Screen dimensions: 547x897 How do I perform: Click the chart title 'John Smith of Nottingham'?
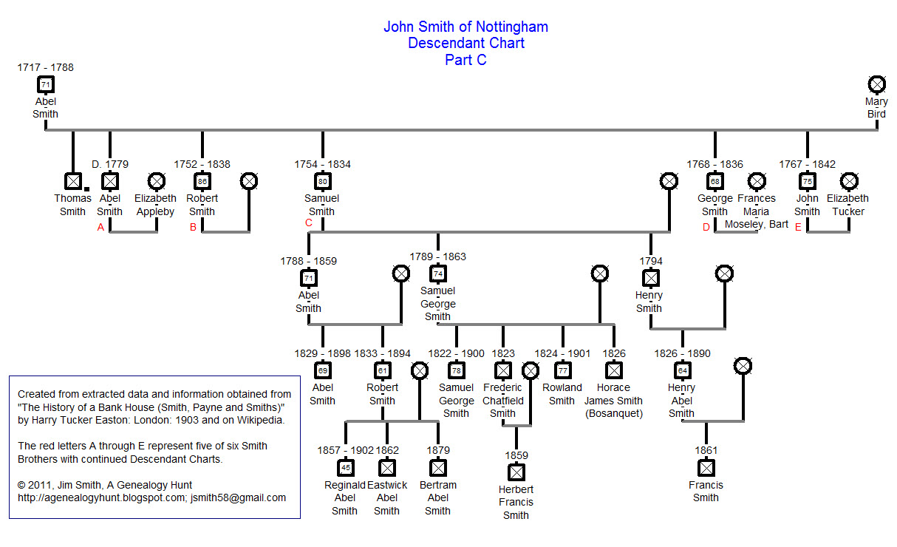pyautogui.click(x=465, y=27)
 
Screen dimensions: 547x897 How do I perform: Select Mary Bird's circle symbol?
pyautogui.click(x=877, y=84)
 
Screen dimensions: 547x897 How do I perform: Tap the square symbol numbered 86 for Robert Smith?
pyautogui.click(x=202, y=180)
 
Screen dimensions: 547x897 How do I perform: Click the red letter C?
pyautogui.click(x=309, y=222)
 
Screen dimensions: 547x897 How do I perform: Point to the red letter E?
pyautogui.click(x=798, y=227)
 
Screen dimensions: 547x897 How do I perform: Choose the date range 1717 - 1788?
pyautogui.click(x=46, y=67)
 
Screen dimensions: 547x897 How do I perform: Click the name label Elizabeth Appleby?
pyautogui.click(x=155, y=205)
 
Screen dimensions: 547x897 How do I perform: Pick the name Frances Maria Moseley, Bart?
pyautogui.click(x=757, y=211)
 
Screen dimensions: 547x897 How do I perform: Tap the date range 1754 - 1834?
pyautogui.click(x=322, y=164)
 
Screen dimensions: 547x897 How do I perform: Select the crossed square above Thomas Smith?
pyautogui.click(x=72, y=180)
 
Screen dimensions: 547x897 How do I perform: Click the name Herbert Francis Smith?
pyautogui.click(x=516, y=502)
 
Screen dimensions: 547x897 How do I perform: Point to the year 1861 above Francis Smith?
pyautogui.click(x=706, y=450)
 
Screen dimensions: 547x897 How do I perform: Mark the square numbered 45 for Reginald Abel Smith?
pyautogui.click(x=345, y=467)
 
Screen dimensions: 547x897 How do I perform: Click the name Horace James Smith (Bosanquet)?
pyautogui.click(x=614, y=401)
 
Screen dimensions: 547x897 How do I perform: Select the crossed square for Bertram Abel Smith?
pyautogui.click(x=438, y=467)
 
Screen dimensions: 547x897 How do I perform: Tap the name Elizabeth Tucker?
pyautogui.click(x=848, y=205)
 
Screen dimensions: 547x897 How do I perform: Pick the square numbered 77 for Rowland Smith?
pyautogui.click(x=562, y=370)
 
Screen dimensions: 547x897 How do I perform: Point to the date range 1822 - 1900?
pyautogui.click(x=457, y=353)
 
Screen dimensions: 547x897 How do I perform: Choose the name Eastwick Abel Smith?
pyautogui.click(x=386, y=497)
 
